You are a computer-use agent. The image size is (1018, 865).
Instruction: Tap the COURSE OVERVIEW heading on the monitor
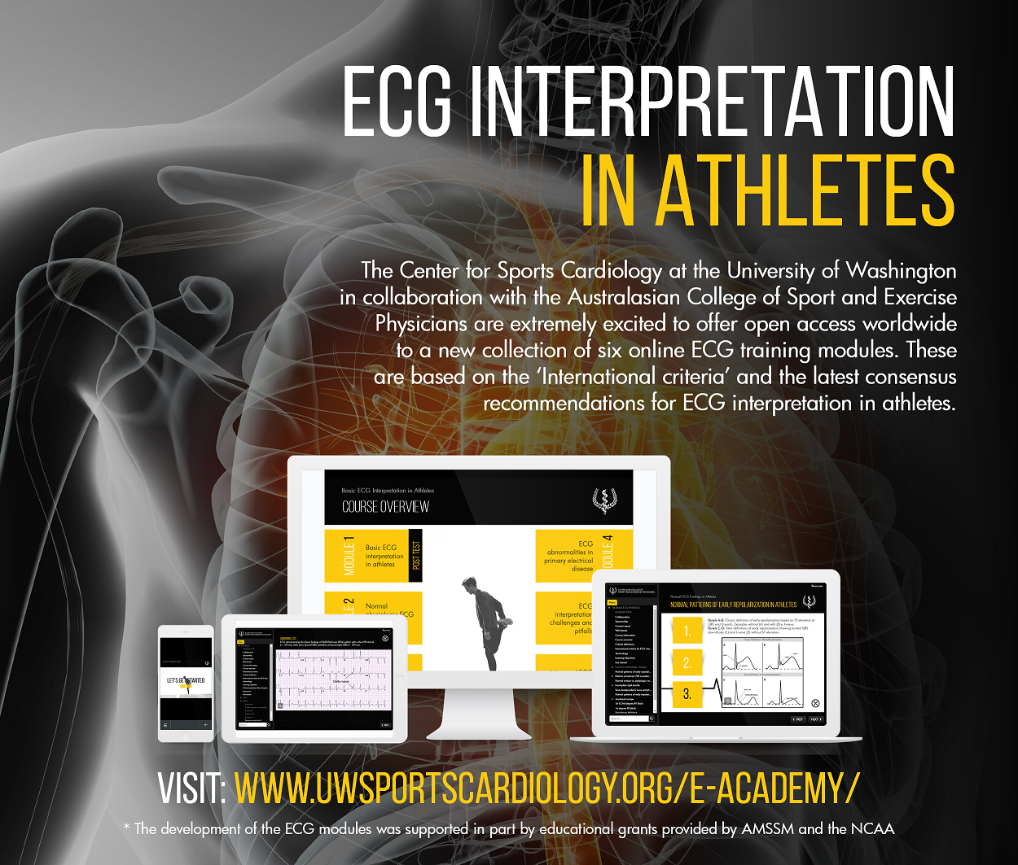click(385, 507)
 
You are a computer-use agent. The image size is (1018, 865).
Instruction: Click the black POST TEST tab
click(416, 556)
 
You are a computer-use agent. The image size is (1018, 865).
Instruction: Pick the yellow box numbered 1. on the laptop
click(687, 631)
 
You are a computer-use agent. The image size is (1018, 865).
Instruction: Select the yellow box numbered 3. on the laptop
click(687, 694)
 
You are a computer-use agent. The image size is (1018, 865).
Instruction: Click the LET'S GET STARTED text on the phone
click(186, 680)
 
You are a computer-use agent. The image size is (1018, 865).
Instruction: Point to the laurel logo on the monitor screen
click(603, 500)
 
